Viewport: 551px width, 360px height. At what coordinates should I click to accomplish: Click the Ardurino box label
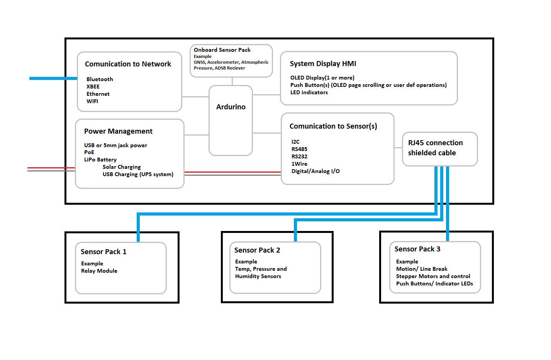tap(231, 107)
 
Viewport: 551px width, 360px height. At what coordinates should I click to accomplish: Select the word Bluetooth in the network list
tap(100, 79)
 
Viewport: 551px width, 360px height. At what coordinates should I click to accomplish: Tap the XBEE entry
tap(93, 87)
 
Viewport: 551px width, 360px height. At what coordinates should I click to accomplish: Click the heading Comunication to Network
tap(128, 64)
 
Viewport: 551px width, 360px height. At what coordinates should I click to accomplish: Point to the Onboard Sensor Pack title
tap(222, 50)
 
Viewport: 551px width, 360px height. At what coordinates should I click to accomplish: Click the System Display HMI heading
tap(323, 64)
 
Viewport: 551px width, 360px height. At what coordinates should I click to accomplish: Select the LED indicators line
tap(309, 92)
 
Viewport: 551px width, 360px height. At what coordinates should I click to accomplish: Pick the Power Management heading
tap(118, 131)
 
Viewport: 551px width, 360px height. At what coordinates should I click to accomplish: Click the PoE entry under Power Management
tap(89, 152)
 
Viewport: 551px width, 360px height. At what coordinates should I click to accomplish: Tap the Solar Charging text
tap(122, 167)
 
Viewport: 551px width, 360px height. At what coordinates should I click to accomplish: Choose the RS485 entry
tap(299, 149)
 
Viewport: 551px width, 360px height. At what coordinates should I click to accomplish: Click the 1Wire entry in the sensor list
tap(299, 164)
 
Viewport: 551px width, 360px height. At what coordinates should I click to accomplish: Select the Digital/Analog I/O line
tap(315, 171)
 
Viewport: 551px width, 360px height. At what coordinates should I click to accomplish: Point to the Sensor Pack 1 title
tap(103, 252)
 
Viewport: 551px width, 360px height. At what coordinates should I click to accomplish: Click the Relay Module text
tap(99, 271)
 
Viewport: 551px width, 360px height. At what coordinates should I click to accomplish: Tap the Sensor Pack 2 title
tap(257, 250)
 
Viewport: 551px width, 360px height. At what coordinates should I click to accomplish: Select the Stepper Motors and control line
tap(433, 276)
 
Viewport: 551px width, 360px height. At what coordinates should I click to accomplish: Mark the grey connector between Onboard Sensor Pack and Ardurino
tap(232, 81)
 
